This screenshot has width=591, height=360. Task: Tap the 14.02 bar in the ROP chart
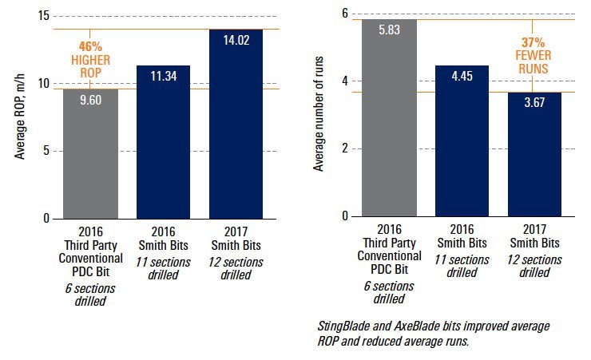click(236, 128)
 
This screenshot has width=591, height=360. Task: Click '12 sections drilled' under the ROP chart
click(236, 269)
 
